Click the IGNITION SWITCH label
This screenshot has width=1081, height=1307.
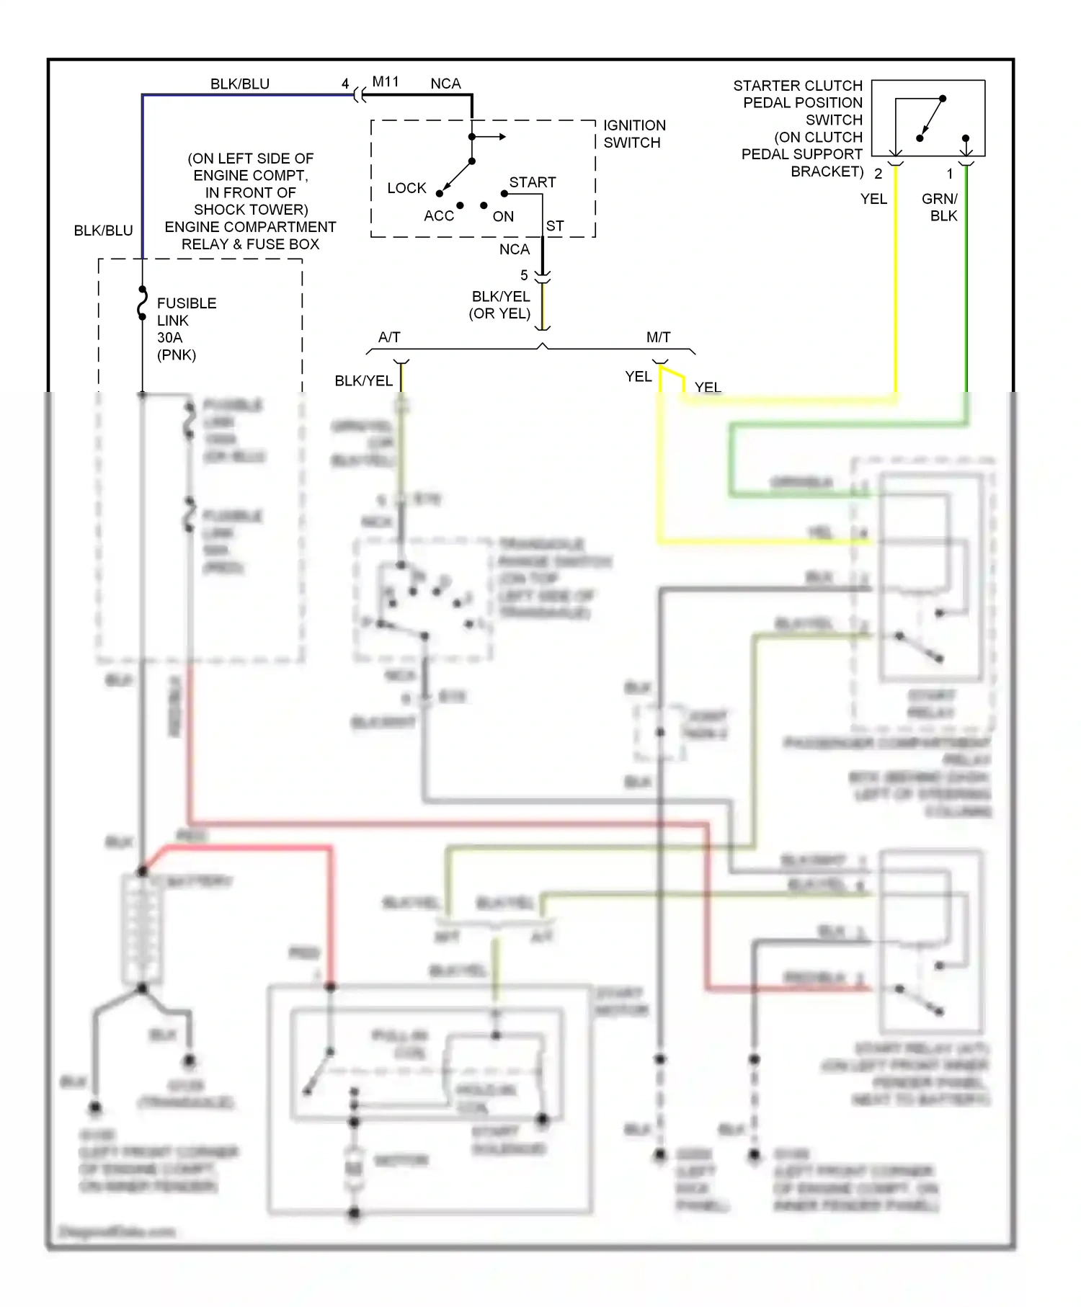(x=634, y=134)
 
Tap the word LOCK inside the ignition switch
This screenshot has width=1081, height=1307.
(x=406, y=188)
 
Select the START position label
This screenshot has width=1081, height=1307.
(x=532, y=182)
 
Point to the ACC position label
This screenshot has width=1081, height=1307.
(x=438, y=216)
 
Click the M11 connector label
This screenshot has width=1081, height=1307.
(x=386, y=82)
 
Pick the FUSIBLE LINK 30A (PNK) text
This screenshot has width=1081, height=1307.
(x=186, y=329)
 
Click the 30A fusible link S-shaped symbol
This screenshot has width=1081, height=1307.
(x=143, y=304)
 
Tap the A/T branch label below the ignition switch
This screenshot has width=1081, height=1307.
(x=389, y=337)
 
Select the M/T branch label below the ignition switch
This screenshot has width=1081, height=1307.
(x=658, y=337)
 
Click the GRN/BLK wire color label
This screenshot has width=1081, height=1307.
(x=940, y=208)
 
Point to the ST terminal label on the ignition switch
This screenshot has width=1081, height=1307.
(x=554, y=226)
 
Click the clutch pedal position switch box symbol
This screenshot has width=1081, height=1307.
(x=928, y=118)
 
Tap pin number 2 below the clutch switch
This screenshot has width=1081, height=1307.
(x=878, y=174)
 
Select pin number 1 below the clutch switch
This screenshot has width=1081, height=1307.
(x=949, y=174)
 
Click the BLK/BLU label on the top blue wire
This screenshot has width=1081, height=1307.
(x=239, y=84)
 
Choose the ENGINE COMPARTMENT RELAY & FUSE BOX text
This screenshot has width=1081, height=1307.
(x=250, y=236)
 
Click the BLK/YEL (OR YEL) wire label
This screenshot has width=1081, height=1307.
(x=500, y=305)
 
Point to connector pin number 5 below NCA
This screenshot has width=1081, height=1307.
(x=524, y=275)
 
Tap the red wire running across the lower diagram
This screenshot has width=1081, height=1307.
(x=447, y=823)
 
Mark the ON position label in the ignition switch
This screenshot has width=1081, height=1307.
(x=503, y=217)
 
